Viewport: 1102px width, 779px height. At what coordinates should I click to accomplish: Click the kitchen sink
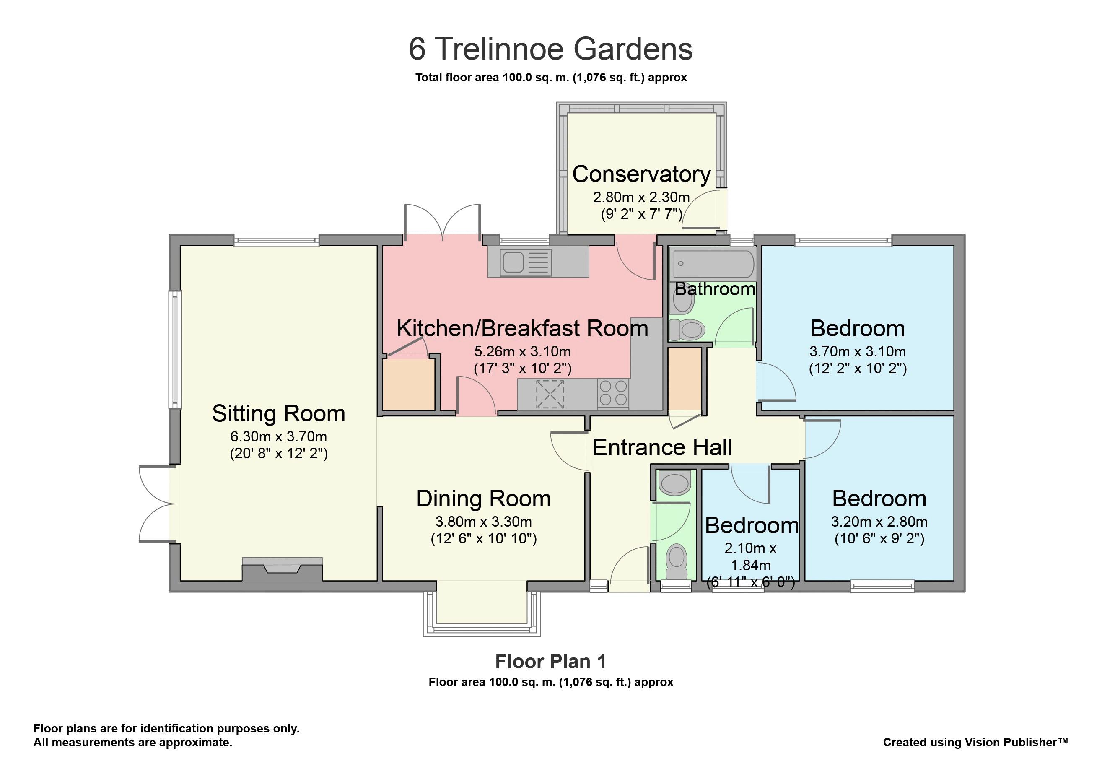(526, 262)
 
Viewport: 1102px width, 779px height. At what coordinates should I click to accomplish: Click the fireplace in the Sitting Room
(282, 569)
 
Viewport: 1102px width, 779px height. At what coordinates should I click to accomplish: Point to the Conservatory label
(641, 174)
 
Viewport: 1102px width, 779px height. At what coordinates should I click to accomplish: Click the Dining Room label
(483, 499)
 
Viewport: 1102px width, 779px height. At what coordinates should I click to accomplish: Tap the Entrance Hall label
(662, 447)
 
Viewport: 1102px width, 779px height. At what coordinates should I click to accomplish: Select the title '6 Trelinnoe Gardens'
(550, 49)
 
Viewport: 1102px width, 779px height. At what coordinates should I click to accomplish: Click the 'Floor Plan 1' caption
(550, 662)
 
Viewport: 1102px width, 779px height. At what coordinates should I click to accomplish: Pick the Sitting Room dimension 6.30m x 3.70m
(278, 436)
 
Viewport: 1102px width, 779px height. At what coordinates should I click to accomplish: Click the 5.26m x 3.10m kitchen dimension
(522, 351)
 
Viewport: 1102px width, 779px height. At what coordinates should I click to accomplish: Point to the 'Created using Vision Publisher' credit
(975, 742)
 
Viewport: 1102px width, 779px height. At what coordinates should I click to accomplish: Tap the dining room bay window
(482, 609)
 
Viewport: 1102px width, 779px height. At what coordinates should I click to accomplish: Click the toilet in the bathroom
(687, 330)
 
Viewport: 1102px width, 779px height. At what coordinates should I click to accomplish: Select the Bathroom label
(715, 289)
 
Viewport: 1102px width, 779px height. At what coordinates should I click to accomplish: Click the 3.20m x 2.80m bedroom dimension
(879, 522)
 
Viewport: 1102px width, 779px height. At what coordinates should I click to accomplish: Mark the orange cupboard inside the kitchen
(408, 385)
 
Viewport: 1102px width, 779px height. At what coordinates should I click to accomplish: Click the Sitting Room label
(278, 414)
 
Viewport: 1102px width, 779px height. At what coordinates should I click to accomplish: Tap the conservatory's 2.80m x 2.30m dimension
(641, 197)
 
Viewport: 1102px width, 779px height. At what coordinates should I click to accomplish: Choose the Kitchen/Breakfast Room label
(522, 329)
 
